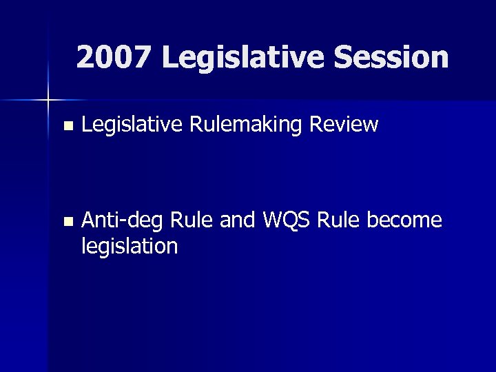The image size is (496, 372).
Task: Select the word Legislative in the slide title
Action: click(x=244, y=58)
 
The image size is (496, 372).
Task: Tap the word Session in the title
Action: click(x=391, y=58)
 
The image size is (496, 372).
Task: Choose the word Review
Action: click(x=344, y=125)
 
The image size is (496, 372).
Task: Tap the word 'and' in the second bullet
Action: click(x=238, y=220)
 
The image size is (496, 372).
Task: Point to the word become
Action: click(x=404, y=220)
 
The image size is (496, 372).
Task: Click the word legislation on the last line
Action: click(x=130, y=246)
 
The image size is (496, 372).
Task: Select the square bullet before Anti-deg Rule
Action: click(x=67, y=222)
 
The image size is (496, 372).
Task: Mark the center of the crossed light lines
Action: click(x=48, y=101)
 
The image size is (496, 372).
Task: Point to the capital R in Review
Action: click(x=317, y=125)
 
